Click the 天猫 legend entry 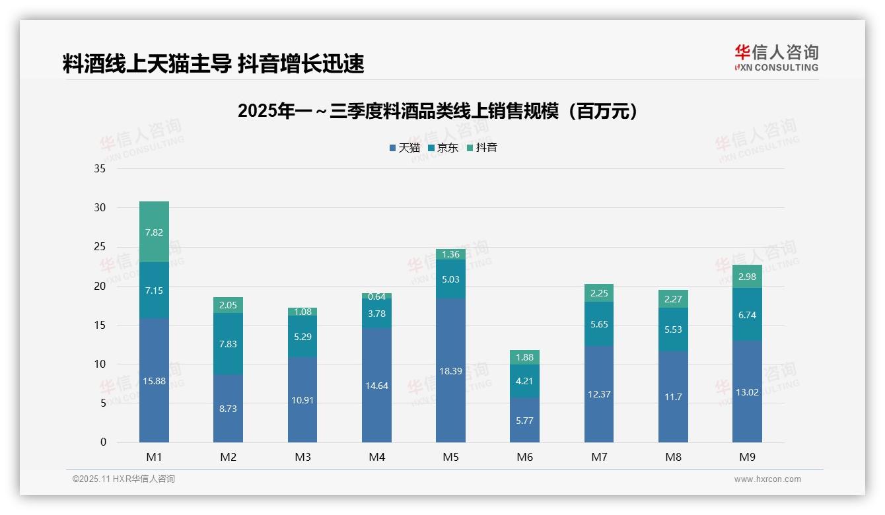(405, 148)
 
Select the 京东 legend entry (443, 148)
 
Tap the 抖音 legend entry (482, 148)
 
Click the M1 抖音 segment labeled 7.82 (154, 232)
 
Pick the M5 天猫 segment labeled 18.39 (450, 370)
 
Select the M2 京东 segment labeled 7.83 (228, 344)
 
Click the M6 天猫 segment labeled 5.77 (524, 420)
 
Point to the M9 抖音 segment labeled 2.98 (747, 277)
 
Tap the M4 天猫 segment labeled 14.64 (376, 385)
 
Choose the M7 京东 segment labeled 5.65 (598, 324)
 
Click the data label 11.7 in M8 (673, 397)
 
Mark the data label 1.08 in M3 (302, 312)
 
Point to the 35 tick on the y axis (100, 169)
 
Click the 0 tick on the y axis (103, 442)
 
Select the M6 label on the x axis (524, 457)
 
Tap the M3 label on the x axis (302, 457)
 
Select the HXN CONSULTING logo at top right (776, 58)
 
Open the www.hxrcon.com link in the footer (767, 479)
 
